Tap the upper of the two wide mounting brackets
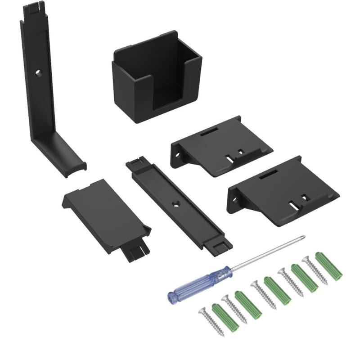coord(223,144)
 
